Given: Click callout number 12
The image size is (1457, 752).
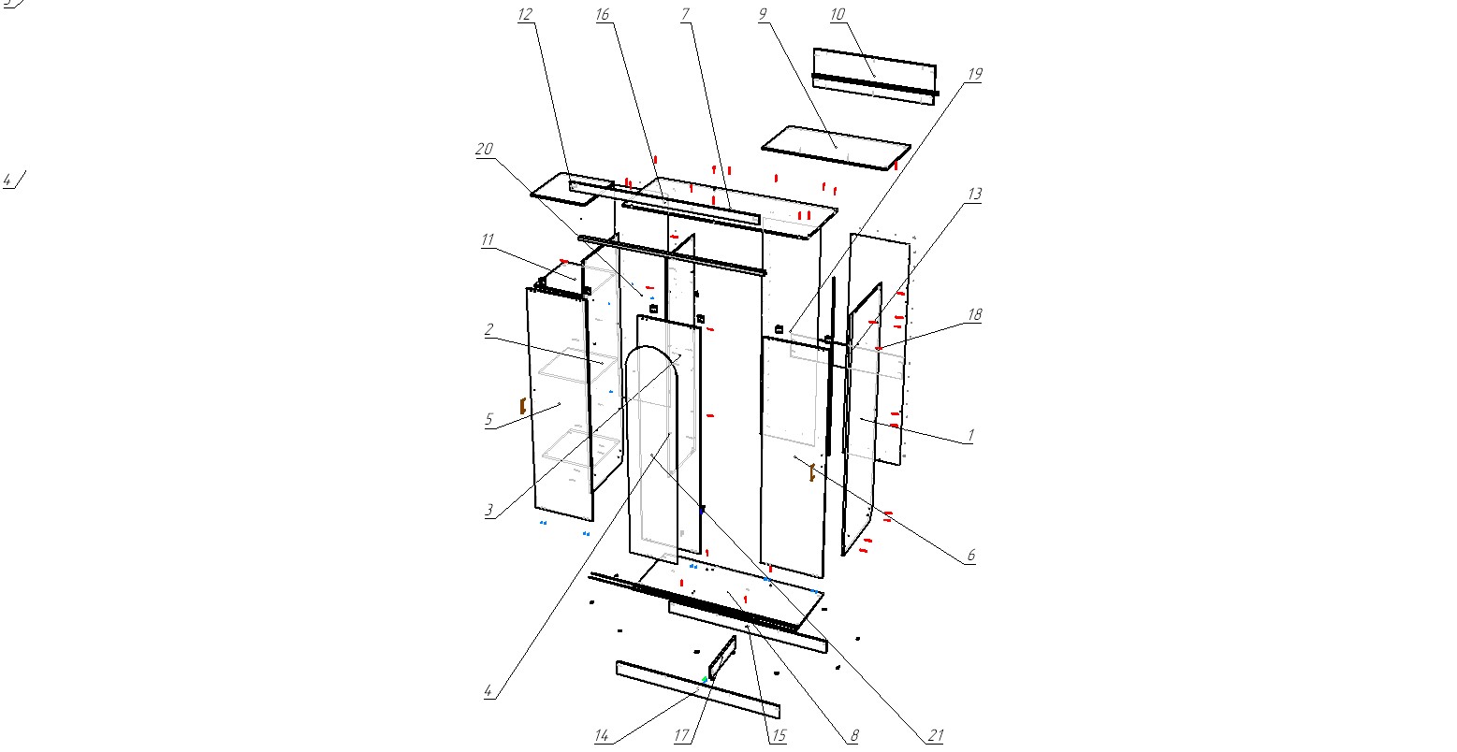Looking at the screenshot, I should tap(524, 14).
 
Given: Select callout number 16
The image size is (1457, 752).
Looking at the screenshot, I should tap(602, 14).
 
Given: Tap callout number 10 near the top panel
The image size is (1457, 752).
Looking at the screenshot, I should tap(837, 14).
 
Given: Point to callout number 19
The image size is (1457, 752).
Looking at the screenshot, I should tap(974, 74).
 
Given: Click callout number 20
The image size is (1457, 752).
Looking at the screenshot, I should tap(484, 150).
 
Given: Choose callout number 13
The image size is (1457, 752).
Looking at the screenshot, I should tap(974, 195).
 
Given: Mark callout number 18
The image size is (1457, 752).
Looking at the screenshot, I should tap(974, 315).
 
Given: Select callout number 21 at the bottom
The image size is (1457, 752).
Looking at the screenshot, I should tap(935, 737).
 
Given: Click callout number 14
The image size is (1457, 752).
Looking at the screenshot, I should tap(602, 737).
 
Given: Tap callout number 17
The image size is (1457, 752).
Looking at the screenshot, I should tap(682, 737).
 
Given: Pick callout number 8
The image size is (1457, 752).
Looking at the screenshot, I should tap(853, 737).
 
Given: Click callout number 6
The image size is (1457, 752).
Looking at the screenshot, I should tap(970, 556).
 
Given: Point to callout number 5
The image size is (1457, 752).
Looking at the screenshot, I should tap(488, 420).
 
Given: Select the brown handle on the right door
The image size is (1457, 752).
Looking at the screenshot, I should tap(812, 473).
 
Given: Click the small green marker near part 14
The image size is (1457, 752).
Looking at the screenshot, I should tap(705, 679).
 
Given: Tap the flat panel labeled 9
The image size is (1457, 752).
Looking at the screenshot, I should tap(836, 148).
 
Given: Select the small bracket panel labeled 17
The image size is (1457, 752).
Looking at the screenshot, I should tap(722, 658).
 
